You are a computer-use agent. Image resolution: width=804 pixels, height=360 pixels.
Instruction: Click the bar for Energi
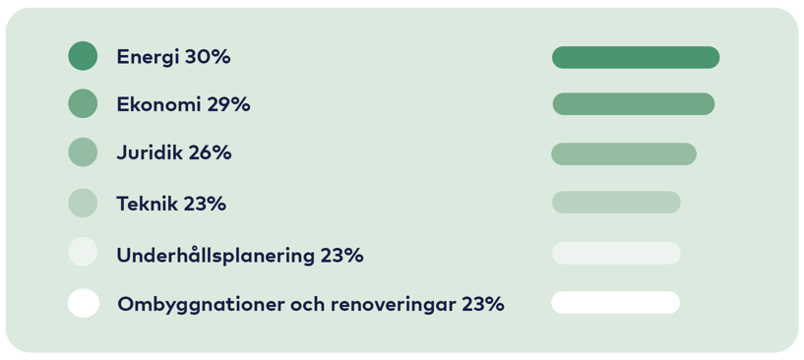(x=635, y=57)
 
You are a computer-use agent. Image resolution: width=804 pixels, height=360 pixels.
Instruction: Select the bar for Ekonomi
(x=633, y=103)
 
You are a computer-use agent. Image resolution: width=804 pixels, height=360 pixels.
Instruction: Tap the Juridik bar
(x=623, y=153)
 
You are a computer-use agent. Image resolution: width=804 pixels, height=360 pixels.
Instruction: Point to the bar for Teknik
(x=615, y=203)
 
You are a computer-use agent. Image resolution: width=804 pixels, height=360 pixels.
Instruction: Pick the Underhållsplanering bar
(x=615, y=253)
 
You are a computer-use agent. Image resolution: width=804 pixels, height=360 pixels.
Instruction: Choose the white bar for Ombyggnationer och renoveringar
(x=615, y=302)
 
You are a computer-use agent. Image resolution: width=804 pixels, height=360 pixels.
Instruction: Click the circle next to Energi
(x=83, y=56)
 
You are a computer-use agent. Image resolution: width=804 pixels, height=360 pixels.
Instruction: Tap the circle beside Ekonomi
(x=83, y=103)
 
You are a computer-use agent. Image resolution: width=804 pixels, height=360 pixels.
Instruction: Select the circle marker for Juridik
(x=83, y=152)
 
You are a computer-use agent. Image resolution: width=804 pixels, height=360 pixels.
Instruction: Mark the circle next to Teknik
(x=83, y=203)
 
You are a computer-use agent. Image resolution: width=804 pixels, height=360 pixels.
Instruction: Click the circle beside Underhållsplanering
(x=83, y=253)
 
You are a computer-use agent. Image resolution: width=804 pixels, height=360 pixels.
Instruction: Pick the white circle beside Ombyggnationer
(x=83, y=303)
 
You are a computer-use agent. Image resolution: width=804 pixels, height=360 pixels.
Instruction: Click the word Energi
(x=148, y=57)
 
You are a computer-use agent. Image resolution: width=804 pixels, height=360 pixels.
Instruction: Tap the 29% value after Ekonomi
(x=228, y=104)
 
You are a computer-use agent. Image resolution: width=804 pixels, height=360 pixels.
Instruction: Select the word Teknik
(x=147, y=204)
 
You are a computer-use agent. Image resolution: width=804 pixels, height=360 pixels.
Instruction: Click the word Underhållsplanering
(x=215, y=256)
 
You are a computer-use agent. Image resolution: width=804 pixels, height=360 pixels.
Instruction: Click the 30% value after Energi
(x=208, y=57)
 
